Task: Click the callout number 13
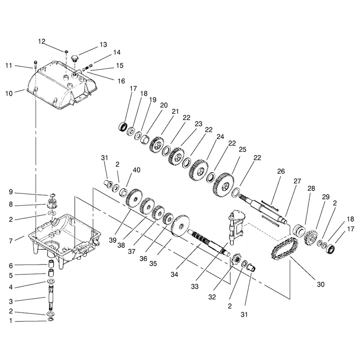pyautogui.click(x=103, y=45)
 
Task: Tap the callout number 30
pyautogui.click(x=320, y=284)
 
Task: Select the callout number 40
pyautogui.click(x=136, y=170)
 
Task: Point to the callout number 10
pyautogui.click(x=9, y=94)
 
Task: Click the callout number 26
pyautogui.click(x=281, y=171)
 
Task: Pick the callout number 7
pyautogui.click(x=10, y=241)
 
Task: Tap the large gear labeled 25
pyautogui.click(x=224, y=185)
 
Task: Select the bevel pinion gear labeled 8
pyautogui.click(x=51, y=203)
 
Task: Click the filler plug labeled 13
pyautogui.click(x=75, y=58)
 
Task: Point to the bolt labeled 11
pyautogui.click(x=36, y=64)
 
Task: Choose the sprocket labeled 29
pyautogui.click(x=310, y=237)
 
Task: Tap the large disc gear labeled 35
pyautogui.click(x=180, y=226)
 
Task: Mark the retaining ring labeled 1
pyautogui.click(x=51, y=319)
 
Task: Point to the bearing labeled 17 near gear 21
pyautogui.click(x=123, y=127)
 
